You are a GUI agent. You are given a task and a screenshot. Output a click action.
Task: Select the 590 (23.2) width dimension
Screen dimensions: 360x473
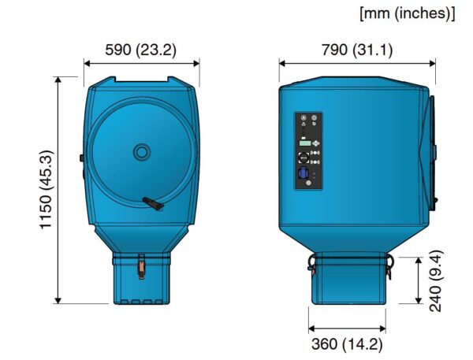[x=141, y=50]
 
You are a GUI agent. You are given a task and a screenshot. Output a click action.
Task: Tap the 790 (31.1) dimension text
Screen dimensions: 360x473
[x=356, y=50]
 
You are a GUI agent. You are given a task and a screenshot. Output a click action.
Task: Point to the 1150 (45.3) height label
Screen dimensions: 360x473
[x=47, y=190]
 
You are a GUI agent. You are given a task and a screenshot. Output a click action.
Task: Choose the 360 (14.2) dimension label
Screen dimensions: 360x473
[x=346, y=343]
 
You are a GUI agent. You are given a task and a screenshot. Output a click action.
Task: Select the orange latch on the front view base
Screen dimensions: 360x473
[x=141, y=267]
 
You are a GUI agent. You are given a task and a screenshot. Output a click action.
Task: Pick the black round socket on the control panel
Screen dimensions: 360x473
[x=304, y=157]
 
